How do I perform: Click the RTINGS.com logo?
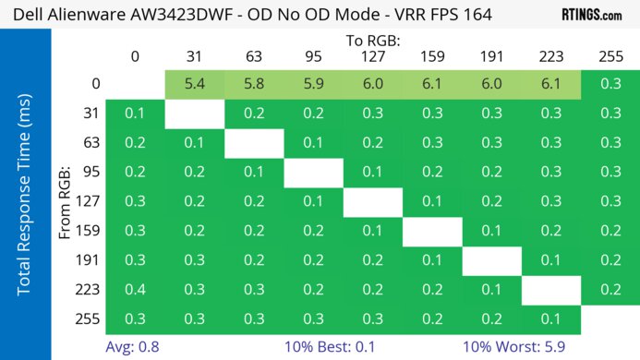click(x=591, y=15)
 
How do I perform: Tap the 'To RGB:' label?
click(x=372, y=41)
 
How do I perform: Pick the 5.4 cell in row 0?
click(x=195, y=83)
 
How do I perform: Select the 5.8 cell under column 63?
click(x=254, y=83)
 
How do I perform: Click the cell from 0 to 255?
click(x=610, y=83)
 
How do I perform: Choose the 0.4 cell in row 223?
click(x=135, y=290)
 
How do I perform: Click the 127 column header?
click(x=372, y=56)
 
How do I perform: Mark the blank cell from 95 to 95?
click(x=313, y=172)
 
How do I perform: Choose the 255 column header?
click(x=610, y=56)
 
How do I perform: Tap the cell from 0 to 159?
click(x=431, y=83)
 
